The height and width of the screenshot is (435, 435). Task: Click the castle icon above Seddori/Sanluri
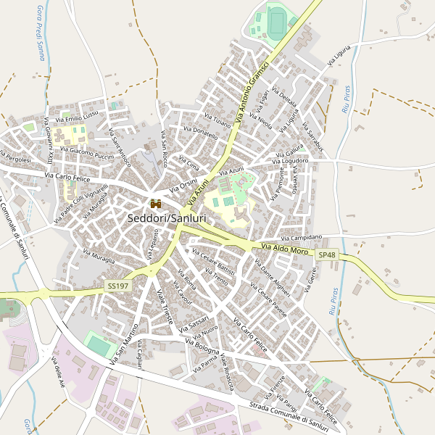(154, 204)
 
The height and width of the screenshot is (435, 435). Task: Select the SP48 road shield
(326, 254)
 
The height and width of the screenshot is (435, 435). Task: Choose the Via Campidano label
(302, 238)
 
